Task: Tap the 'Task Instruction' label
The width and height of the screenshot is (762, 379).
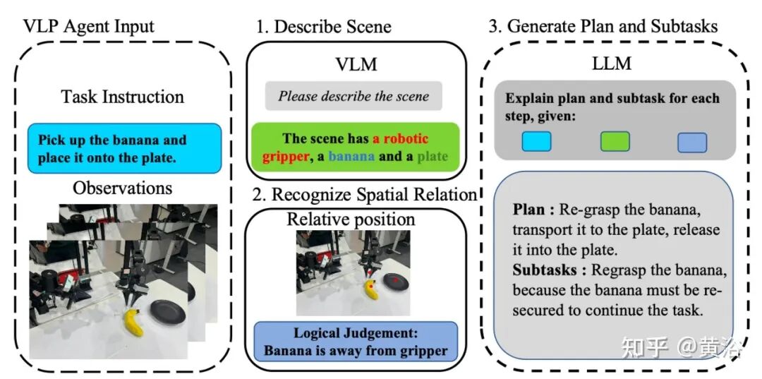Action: (122, 97)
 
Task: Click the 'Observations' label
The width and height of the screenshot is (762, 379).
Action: (123, 188)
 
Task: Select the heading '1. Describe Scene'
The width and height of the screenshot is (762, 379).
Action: (324, 27)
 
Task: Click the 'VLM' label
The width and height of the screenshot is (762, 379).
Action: (356, 64)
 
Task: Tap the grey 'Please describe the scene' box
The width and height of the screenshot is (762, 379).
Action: (353, 96)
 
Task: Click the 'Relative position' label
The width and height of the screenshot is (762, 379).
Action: (351, 219)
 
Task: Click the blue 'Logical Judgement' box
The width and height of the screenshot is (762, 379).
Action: (355, 342)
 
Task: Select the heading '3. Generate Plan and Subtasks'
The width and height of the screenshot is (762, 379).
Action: (603, 27)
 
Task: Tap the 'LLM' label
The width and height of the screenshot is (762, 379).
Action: (611, 64)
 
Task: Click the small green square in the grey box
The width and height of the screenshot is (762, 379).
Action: (615, 142)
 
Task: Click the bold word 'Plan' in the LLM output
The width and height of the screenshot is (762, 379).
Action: (529, 210)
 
